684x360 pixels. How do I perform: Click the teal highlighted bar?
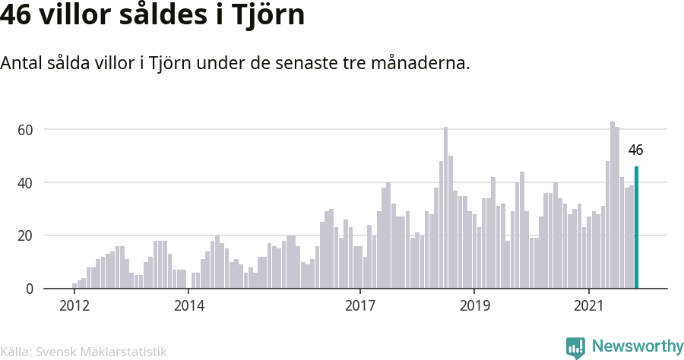[x=636, y=227]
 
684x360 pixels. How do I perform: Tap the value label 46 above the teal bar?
[x=635, y=150]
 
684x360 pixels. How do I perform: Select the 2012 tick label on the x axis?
[x=74, y=305]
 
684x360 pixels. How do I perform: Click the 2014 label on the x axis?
[x=189, y=305]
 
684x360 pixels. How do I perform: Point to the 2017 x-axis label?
[x=360, y=305]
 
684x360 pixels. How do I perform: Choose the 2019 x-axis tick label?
[x=474, y=305]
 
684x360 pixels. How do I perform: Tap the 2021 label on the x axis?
[x=589, y=305]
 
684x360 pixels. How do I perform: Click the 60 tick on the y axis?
[x=25, y=130]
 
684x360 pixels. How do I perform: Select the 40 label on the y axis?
[x=25, y=183]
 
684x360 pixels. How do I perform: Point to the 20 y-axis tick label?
[x=25, y=235]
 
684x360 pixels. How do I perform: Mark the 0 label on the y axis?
[x=29, y=289]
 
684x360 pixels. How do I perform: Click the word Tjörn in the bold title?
[x=268, y=16]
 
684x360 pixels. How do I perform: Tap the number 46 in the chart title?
[x=15, y=15]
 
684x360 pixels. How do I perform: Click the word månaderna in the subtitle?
[x=420, y=63]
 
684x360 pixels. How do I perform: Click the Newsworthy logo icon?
[x=575, y=348]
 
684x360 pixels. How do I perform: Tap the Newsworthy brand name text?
[x=638, y=346]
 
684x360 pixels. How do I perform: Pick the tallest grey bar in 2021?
[x=613, y=205]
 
